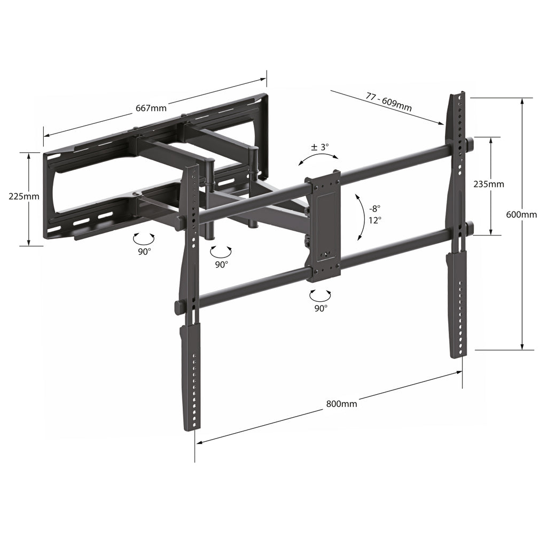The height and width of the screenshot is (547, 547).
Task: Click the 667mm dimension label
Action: [151, 108]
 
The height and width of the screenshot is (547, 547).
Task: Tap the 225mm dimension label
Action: [24, 196]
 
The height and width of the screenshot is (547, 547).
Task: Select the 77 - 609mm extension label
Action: [388, 100]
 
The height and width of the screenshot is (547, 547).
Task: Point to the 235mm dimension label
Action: [489, 184]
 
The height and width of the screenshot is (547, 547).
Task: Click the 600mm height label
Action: [521, 215]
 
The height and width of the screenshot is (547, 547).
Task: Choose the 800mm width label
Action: [341, 404]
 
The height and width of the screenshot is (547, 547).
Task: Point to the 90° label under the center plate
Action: [321, 308]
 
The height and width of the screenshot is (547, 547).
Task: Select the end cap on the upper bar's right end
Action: [470, 144]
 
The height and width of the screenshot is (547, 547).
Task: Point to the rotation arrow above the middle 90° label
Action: [221, 250]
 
